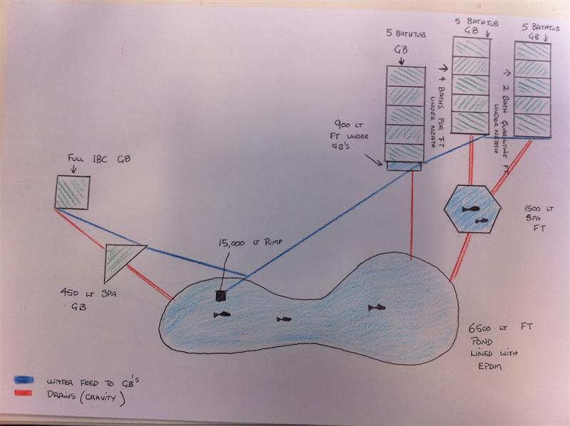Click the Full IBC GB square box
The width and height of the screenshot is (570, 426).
tap(73, 192)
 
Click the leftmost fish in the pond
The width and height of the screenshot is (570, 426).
tap(222, 314)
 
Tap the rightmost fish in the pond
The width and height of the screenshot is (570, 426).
tap(375, 307)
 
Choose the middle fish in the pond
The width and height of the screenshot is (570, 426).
tap(284, 318)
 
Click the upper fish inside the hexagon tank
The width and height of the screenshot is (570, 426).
tap(470, 209)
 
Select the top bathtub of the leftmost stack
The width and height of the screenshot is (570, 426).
tap(403, 76)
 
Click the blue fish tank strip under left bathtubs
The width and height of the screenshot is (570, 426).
tap(404, 166)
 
